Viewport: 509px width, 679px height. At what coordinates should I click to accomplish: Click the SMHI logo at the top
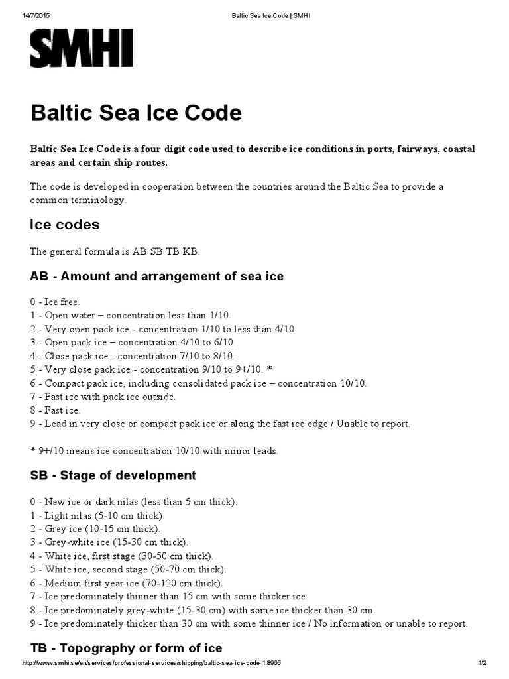pyautogui.click(x=82, y=50)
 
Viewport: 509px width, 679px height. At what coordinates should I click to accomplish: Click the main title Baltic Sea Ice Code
pyautogui.click(x=136, y=113)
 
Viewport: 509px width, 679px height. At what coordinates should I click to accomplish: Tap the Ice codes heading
pyautogui.click(x=64, y=225)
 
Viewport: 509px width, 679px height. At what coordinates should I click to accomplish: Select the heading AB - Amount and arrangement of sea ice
pyautogui.click(x=156, y=276)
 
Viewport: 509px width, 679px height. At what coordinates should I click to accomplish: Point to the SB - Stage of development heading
pyautogui.click(x=113, y=475)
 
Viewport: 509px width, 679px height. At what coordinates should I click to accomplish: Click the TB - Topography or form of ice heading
pyautogui.click(x=126, y=648)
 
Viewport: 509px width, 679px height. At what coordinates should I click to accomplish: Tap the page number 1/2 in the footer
pyautogui.click(x=482, y=664)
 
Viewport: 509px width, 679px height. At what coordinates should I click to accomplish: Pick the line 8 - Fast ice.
pyautogui.click(x=55, y=410)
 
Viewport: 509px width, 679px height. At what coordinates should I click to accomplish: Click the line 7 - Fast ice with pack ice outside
pyautogui.click(x=103, y=397)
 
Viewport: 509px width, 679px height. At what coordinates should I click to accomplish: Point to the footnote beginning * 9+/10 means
pyautogui.click(x=154, y=451)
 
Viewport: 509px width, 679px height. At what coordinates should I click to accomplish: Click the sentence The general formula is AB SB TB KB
pyautogui.click(x=114, y=251)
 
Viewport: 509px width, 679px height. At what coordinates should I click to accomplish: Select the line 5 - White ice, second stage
pyautogui.click(x=128, y=570)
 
